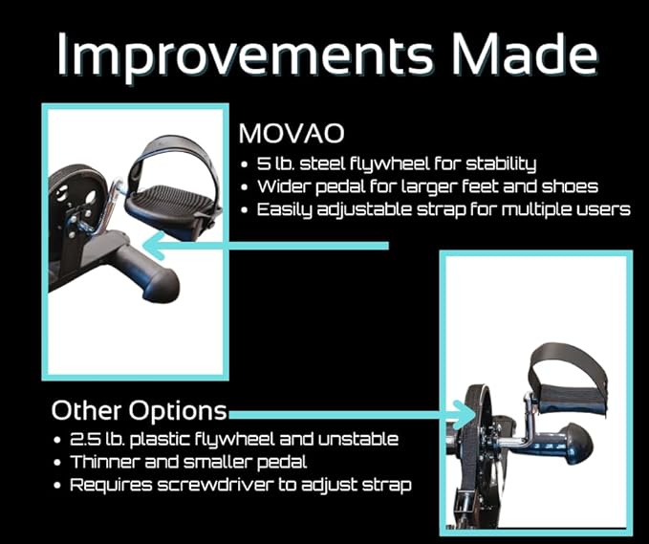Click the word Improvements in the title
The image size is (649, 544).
point(245,54)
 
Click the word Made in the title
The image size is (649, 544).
point(525,54)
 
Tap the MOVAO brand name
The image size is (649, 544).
point(292,133)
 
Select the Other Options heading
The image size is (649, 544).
point(140,410)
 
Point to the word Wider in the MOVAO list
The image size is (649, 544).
point(283,186)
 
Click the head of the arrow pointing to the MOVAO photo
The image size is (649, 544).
point(153,246)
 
